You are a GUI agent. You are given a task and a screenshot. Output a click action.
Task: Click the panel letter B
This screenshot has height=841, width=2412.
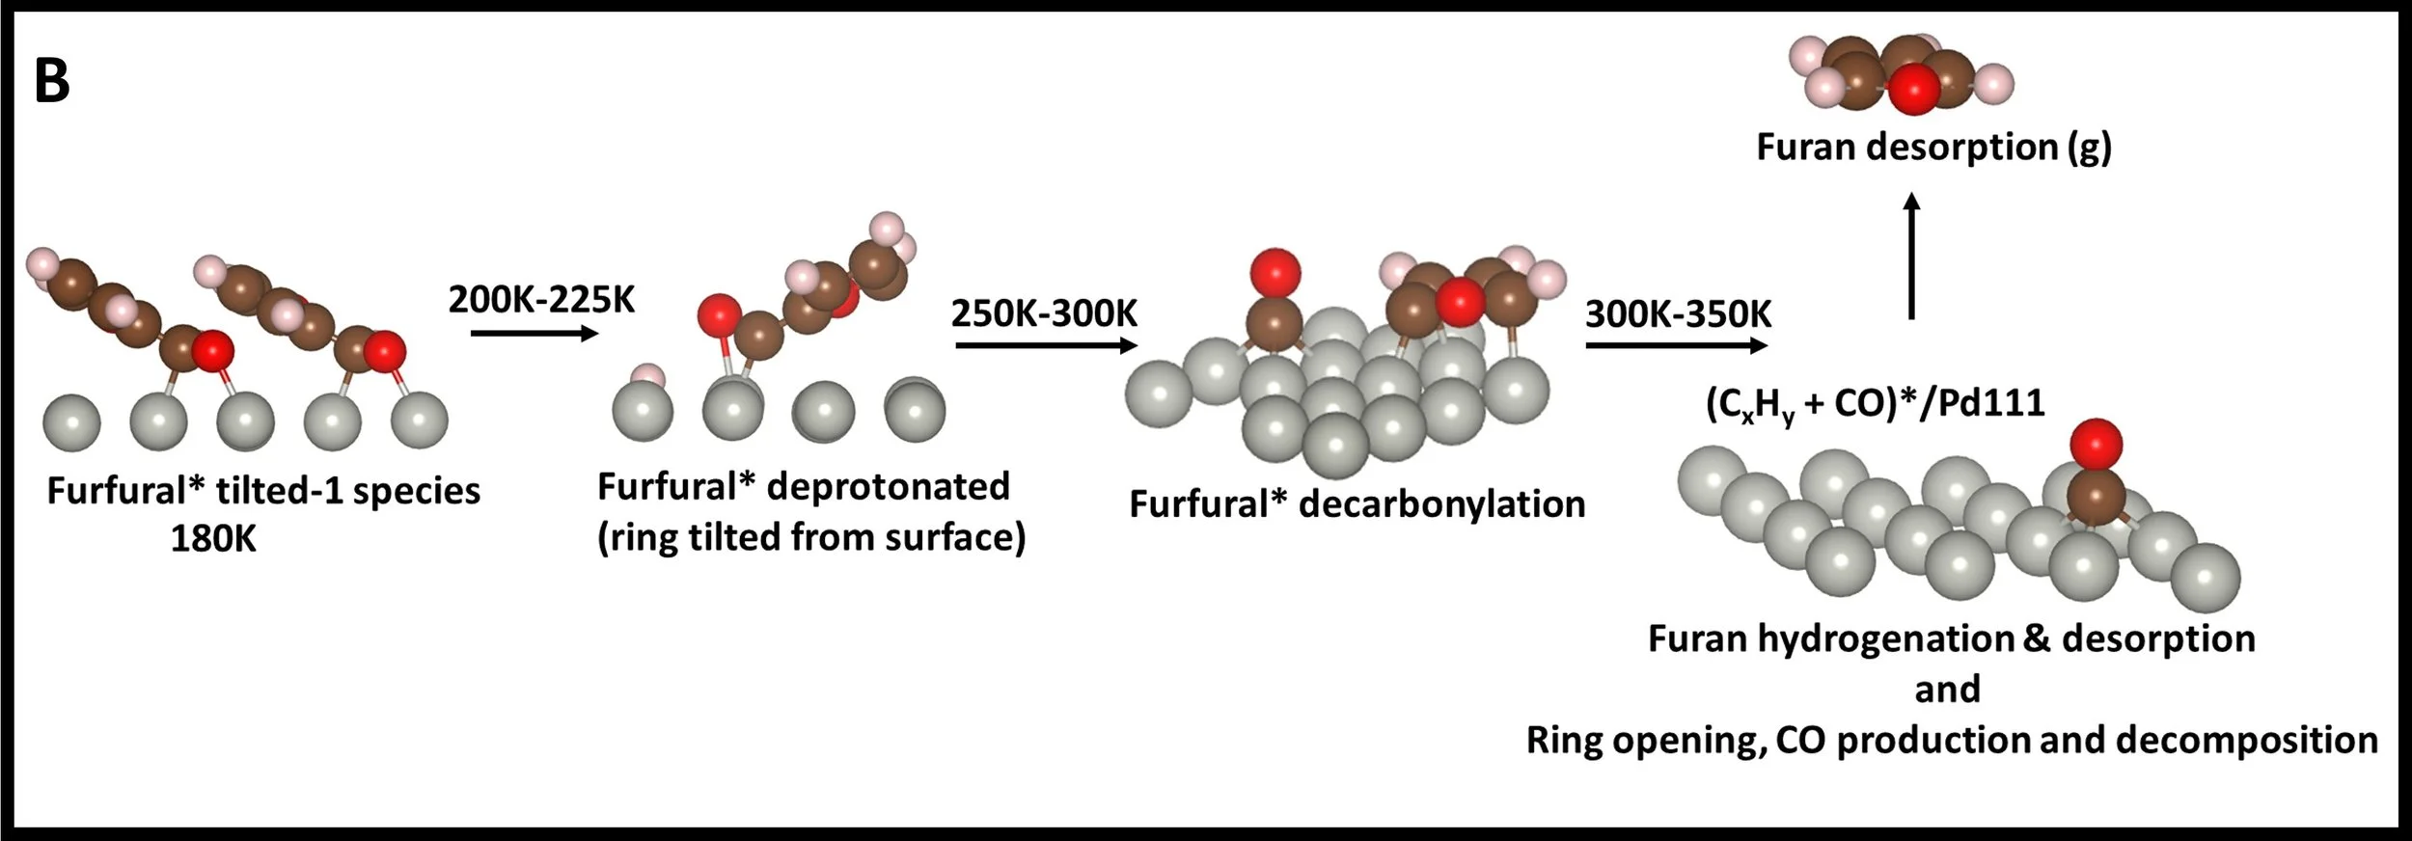point(52,81)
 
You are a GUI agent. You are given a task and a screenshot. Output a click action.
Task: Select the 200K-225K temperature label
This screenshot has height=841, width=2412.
point(541,300)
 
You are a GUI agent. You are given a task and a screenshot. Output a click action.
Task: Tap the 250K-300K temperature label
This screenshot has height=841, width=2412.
point(1044,313)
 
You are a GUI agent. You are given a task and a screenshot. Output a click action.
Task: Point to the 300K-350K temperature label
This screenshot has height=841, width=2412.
point(1678,314)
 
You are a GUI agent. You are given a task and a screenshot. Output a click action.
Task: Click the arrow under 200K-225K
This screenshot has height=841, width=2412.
point(534,334)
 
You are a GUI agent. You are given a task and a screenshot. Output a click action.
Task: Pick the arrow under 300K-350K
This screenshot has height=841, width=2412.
point(1678,344)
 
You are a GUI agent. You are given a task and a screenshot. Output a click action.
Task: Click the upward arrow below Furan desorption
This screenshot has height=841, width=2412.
point(1911,256)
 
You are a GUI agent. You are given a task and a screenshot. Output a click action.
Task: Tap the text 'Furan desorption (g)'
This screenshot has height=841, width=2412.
point(1933,147)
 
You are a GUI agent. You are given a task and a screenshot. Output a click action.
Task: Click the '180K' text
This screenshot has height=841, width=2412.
point(213,538)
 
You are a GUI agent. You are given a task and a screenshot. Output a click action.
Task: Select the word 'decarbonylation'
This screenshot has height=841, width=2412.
point(1441,504)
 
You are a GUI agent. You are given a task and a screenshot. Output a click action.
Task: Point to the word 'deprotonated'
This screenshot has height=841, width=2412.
point(887,486)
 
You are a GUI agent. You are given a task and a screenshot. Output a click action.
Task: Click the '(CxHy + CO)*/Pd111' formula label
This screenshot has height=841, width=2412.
point(1875,403)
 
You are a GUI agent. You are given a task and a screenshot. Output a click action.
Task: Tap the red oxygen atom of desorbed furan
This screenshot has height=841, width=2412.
point(1914,92)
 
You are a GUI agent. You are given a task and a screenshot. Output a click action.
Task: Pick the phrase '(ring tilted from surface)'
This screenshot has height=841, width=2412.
point(811,538)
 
